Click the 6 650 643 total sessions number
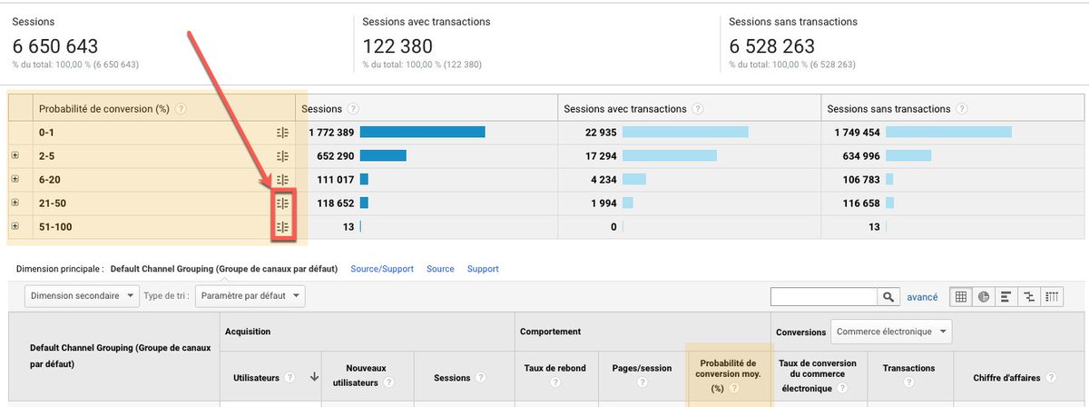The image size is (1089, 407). pyautogui.click(x=55, y=45)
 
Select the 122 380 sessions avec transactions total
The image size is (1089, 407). pyautogui.click(x=398, y=45)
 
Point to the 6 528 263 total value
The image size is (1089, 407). pyautogui.click(x=772, y=45)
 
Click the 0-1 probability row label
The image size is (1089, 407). pyautogui.click(x=48, y=133)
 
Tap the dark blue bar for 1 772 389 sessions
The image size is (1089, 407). pyautogui.click(x=422, y=133)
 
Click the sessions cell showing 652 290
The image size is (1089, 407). pyautogui.click(x=330, y=156)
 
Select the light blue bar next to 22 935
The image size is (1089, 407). pyautogui.click(x=685, y=133)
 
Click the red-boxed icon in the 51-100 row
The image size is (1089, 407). pyautogui.click(x=282, y=227)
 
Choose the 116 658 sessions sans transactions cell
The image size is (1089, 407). pyautogui.click(x=857, y=203)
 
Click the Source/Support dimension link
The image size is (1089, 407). pyautogui.click(x=382, y=269)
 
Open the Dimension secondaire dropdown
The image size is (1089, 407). pyautogui.click(x=83, y=296)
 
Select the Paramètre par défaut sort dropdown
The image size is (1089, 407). pyautogui.click(x=250, y=296)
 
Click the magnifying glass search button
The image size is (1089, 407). pyautogui.click(x=888, y=296)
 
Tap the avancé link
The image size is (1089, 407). pyautogui.click(x=922, y=297)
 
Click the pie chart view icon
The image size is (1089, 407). pyautogui.click(x=984, y=296)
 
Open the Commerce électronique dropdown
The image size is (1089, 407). pyautogui.click(x=891, y=332)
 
